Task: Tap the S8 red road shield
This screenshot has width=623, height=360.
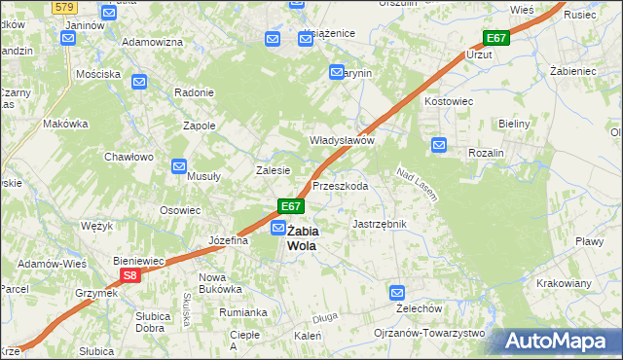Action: tap(131, 276)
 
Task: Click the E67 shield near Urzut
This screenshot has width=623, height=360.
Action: tap(495, 38)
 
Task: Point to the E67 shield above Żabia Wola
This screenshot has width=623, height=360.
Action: tap(291, 206)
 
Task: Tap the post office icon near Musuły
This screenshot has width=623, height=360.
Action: tap(179, 166)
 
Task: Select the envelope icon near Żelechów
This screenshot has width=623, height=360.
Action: tap(397, 292)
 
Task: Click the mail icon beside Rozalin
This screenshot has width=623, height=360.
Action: tap(439, 146)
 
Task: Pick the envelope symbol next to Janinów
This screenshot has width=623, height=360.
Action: tap(67, 38)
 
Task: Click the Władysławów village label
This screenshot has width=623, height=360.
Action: tap(342, 140)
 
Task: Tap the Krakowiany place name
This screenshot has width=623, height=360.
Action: tap(564, 283)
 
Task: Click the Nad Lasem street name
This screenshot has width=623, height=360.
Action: tap(416, 184)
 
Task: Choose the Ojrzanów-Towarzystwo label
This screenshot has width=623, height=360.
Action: tap(429, 333)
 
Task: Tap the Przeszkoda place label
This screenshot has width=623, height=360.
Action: tap(340, 185)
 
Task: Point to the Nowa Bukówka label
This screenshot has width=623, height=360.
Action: tap(220, 283)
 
